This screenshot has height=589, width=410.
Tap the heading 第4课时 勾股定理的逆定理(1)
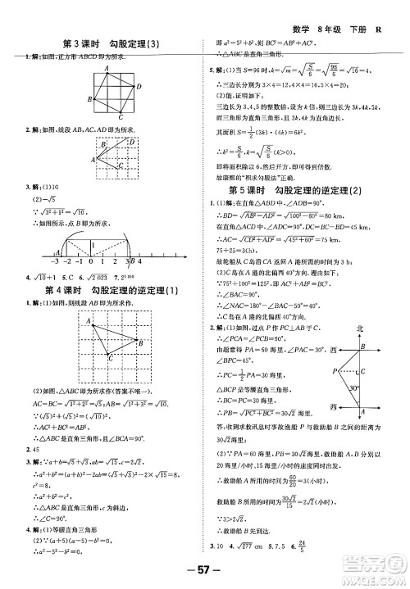coord(114,268)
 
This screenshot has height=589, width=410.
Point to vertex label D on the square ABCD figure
coord(139,84)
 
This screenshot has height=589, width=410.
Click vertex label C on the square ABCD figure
coord(120,116)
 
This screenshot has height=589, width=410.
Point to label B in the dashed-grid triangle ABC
coord(142,319)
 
